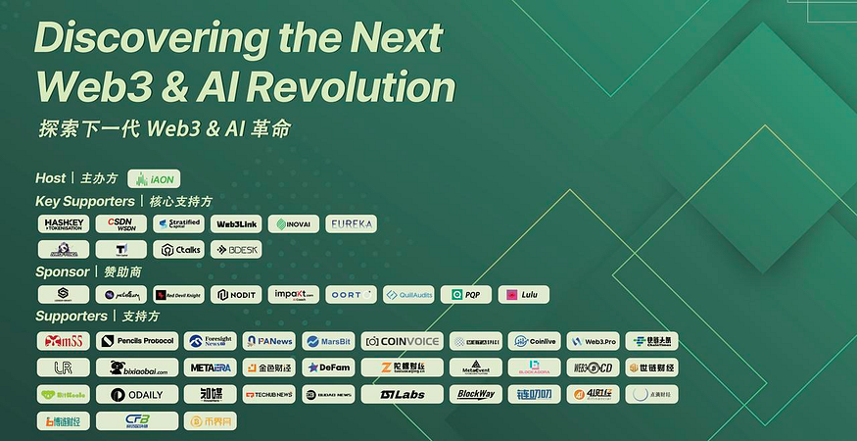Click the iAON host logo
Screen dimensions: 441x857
(153, 179)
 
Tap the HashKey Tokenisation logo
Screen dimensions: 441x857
(64, 224)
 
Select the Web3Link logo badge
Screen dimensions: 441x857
(236, 224)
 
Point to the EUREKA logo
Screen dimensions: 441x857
(350, 224)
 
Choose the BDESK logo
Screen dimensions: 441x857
(236, 250)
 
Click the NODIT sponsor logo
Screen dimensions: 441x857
(236, 294)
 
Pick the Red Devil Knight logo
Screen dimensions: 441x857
(178, 294)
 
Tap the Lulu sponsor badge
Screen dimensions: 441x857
(524, 294)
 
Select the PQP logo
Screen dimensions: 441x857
(466, 294)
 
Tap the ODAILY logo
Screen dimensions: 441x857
(137, 394)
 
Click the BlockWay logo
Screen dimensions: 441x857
(476, 394)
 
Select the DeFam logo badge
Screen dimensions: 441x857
(328, 367)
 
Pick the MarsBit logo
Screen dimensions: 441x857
(328, 341)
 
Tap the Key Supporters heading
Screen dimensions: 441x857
(84, 201)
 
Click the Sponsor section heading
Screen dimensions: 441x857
(62, 271)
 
